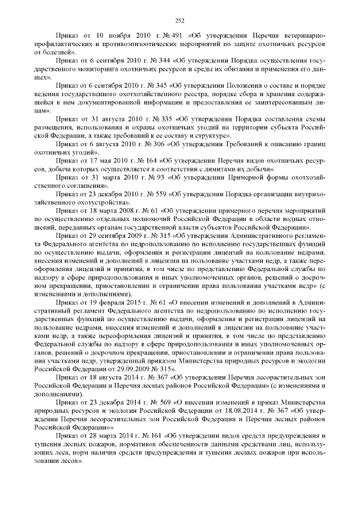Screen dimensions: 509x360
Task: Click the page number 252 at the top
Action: [x=180, y=21]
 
